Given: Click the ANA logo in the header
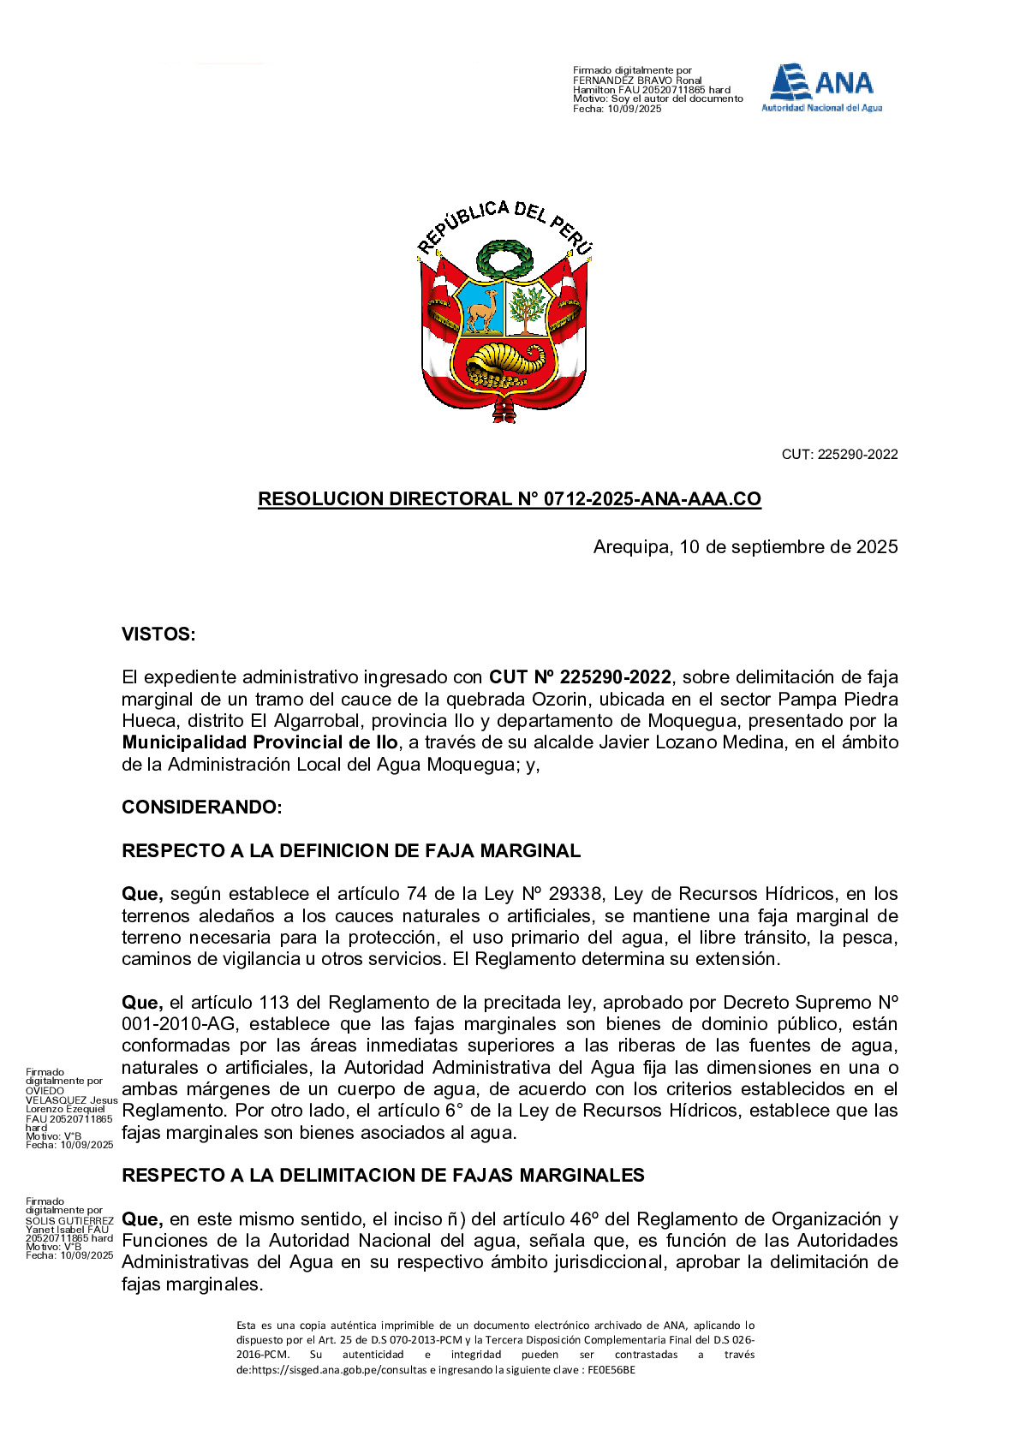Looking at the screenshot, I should [x=822, y=87].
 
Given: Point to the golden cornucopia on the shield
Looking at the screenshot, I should [x=505, y=360].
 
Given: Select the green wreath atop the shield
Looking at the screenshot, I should [x=505, y=258].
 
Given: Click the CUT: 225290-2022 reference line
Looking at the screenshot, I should [x=839, y=455].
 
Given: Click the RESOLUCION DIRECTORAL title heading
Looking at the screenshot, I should [x=510, y=499].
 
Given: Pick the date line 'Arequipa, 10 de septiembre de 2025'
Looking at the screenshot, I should [x=745, y=547].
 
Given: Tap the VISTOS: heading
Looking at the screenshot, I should [x=158, y=635].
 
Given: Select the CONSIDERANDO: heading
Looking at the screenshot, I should [x=201, y=807].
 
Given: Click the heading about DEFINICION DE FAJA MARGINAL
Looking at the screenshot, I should [x=351, y=851].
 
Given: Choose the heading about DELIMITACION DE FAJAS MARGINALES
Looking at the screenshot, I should [x=383, y=1176].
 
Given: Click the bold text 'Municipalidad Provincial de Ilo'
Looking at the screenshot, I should [x=259, y=742].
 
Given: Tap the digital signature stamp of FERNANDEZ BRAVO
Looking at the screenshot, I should [x=658, y=90].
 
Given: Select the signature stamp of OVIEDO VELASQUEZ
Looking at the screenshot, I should [x=69, y=1108].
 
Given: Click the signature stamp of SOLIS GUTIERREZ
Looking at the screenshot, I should [x=69, y=1229].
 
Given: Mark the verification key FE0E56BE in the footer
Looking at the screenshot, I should [x=611, y=1369].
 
